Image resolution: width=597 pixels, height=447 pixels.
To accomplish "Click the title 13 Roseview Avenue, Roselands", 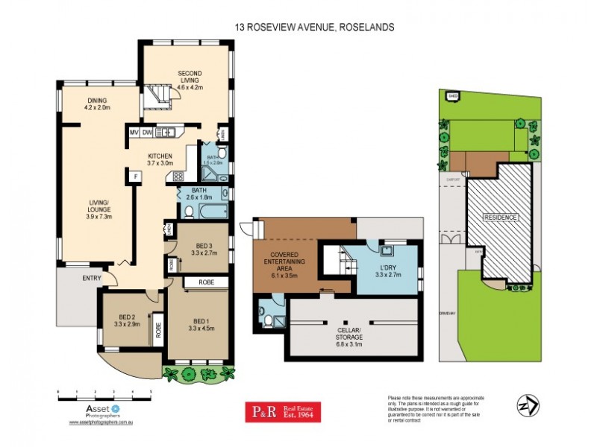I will click(x=313, y=27).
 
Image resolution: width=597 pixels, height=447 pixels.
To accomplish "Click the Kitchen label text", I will click(x=160, y=159).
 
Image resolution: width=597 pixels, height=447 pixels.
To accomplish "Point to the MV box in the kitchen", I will click(x=134, y=133).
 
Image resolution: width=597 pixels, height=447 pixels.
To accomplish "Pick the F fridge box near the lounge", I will click(x=135, y=177).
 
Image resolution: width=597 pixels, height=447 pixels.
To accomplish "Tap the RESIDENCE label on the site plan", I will click(x=500, y=218).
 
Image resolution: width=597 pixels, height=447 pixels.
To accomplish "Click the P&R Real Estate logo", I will click(x=284, y=412).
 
